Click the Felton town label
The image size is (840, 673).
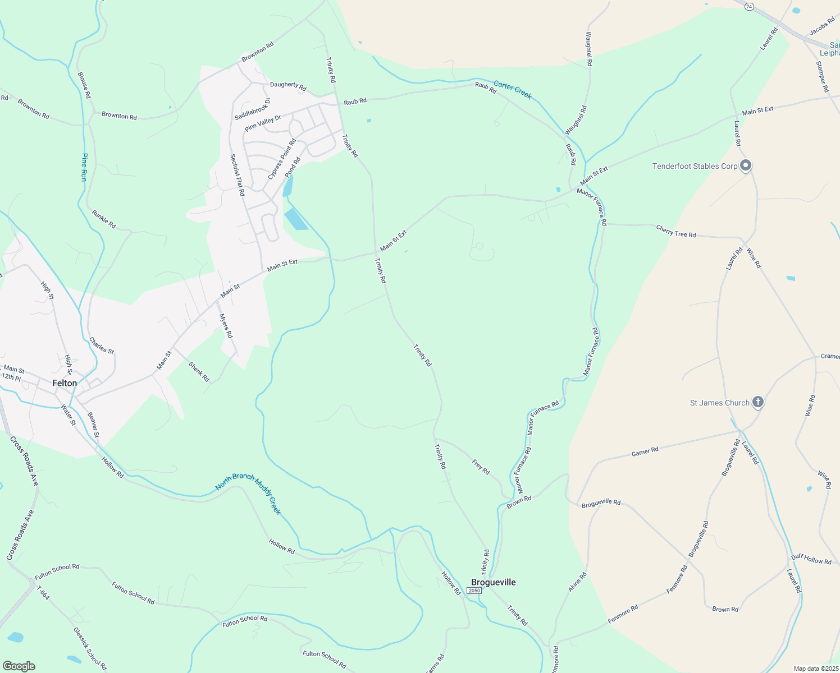pos(65,383)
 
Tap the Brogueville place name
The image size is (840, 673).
pos(493,582)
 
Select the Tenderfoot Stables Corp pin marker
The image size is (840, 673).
pos(746,165)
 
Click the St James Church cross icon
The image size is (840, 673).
pos(758,402)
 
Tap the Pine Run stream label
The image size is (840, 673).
pos(84,167)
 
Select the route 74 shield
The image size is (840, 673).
pos(750,7)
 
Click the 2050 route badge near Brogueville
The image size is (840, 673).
pos(474,591)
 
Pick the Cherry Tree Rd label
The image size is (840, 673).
pos(676,231)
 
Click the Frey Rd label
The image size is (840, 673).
pos(481,467)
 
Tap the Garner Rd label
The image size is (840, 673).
pos(645,451)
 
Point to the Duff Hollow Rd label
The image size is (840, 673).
pos(811,559)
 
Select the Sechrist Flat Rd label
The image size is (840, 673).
pos(238,175)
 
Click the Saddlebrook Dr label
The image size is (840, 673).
pos(252,109)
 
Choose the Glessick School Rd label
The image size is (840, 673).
pos(90,648)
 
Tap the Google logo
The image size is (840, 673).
pos(19,666)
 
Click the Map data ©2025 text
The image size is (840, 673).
pos(816,669)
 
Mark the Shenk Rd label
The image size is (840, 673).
pos(199,372)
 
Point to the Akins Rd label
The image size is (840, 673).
pos(577,582)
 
